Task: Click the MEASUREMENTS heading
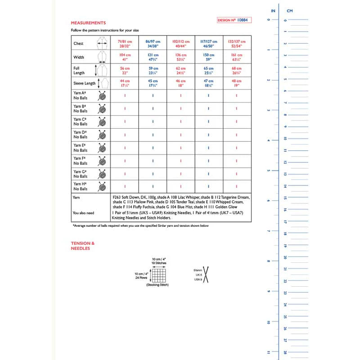tap(89, 22)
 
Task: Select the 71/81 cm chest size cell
tap(125, 43)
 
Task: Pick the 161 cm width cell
tap(236, 57)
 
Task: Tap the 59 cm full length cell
tap(153, 70)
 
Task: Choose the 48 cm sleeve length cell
tap(236, 83)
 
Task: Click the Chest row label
tap(79, 44)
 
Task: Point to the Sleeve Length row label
tap(84, 84)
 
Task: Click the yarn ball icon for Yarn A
tap(103, 95)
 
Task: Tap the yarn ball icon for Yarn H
tap(103, 187)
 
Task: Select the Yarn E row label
tap(80, 148)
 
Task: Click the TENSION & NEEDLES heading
tap(83, 246)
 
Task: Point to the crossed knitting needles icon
tap(208, 274)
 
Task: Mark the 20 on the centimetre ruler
tap(285, 257)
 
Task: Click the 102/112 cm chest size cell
tap(180, 43)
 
